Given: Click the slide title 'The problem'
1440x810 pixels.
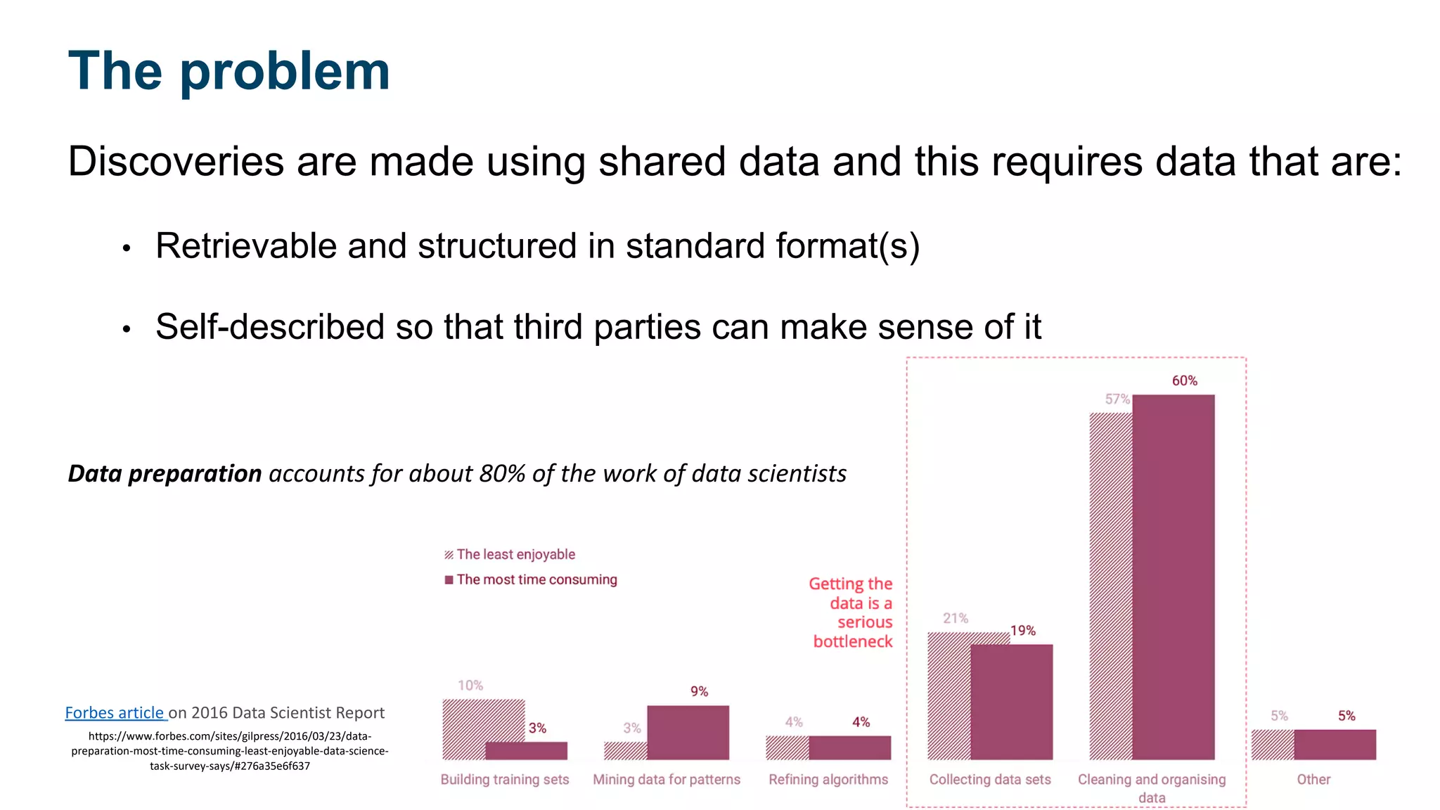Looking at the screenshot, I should [x=229, y=72].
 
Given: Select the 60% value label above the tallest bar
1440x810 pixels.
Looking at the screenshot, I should [x=1184, y=380].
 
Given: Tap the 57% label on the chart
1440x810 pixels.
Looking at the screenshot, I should [x=1117, y=399].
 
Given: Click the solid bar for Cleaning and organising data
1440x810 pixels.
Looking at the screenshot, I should [x=1173, y=577].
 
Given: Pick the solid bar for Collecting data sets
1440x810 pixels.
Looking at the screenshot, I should [x=1011, y=702].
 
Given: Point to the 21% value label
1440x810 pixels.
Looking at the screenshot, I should [x=956, y=618].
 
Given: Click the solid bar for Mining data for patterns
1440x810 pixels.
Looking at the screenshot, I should [x=688, y=732].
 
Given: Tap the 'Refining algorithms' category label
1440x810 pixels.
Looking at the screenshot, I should [x=828, y=779].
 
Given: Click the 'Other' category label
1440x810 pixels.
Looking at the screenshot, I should [x=1313, y=779].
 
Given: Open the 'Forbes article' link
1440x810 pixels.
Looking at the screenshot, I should [x=115, y=712].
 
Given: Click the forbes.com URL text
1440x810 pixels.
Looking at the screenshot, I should [x=230, y=751].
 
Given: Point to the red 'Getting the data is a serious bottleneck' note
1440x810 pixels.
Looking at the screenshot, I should [x=851, y=612].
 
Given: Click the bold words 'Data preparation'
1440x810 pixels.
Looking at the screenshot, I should [x=165, y=473].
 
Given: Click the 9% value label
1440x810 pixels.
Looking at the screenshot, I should [x=699, y=691].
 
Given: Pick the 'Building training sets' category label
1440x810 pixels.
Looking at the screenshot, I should [x=505, y=779].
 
